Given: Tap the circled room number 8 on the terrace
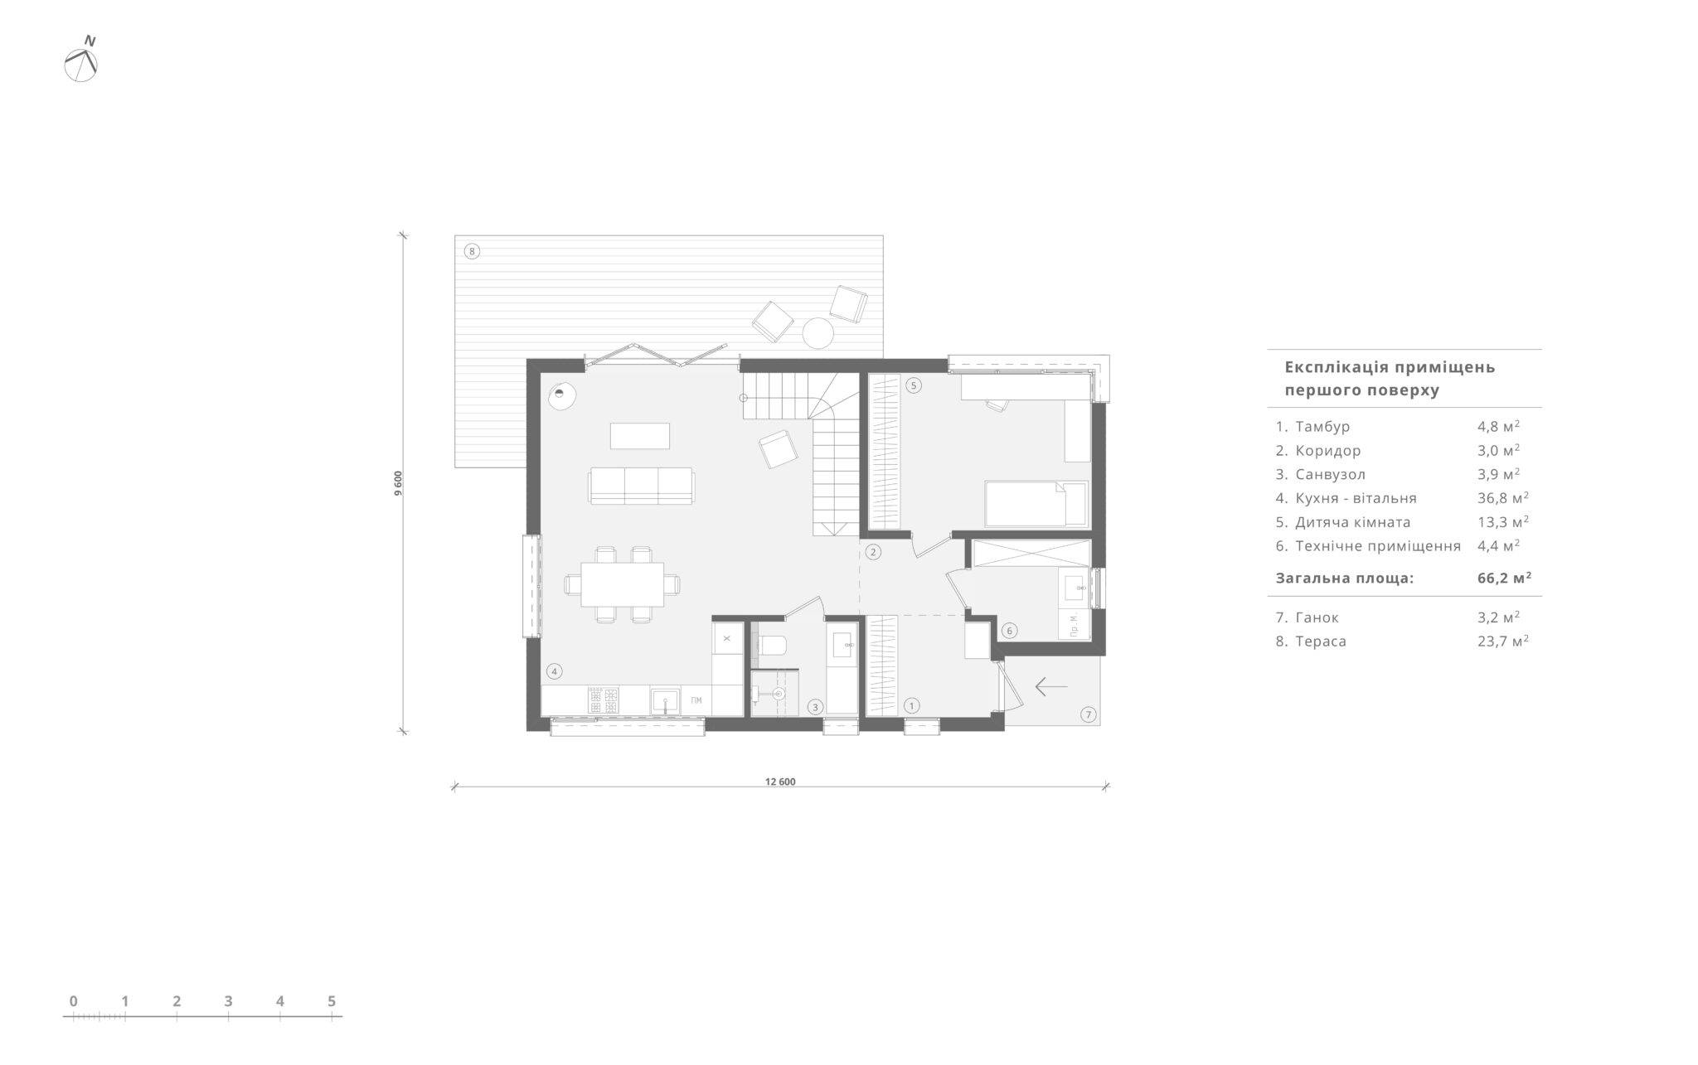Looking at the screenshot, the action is point(472,251).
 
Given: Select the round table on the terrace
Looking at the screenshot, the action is point(817,333).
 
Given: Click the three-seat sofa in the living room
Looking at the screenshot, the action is point(641,486).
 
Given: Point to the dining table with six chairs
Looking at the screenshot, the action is point(623,584).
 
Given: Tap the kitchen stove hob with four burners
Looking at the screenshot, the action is point(604,700).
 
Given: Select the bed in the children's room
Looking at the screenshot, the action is point(1036,503).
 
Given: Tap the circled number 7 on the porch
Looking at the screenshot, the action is point(1089,714).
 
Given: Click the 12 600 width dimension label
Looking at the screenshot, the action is point(780,782).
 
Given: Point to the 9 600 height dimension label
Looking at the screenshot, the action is point(399,483).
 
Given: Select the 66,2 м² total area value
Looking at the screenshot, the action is point(1504,578).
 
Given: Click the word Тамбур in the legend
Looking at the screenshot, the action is point(1322,427).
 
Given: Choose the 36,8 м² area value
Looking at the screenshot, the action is point(1502,498).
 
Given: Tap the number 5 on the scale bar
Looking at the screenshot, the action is point(332,1001).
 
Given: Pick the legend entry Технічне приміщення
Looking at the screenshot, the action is point(1378,546).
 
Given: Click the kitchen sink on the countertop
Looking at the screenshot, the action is point(665,701).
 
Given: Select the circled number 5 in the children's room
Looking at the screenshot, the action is point(914,385).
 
